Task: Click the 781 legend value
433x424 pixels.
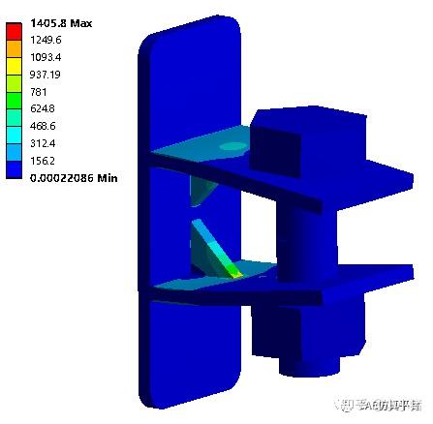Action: [x=41, y=91]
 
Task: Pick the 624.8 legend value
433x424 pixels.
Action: [x=46, y=108]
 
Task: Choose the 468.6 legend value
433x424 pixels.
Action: [x=46, y=126]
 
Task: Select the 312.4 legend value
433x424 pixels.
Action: [x=46, y=142]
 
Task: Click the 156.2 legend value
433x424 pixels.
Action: [x=46, y=160]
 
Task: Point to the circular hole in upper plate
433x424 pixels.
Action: [x=232, y=146]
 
